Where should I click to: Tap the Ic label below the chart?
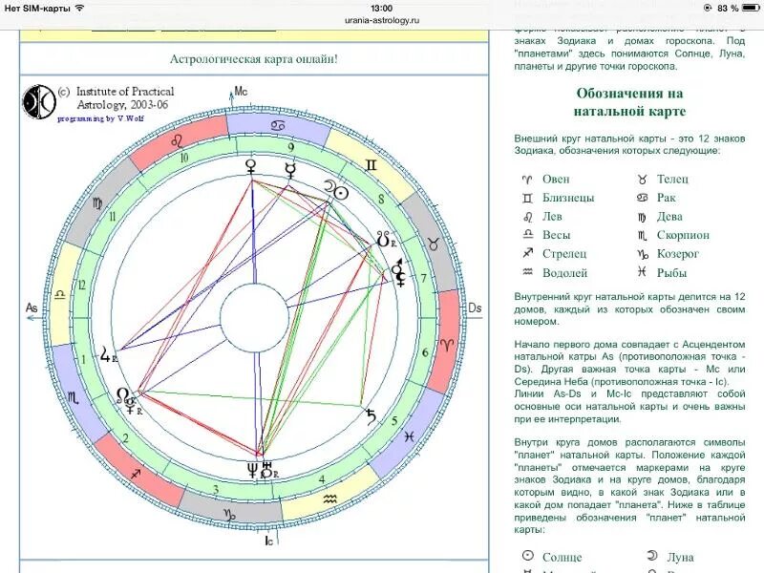click(x=270, y=540)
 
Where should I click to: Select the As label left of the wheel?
click(x=32, y=308)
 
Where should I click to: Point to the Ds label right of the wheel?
click(x=475, y=308)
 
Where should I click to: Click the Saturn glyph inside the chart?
click(x=371, y=414)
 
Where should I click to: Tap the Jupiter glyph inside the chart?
click(x=106, y=358)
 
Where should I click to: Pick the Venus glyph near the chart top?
click(x=252, y=167)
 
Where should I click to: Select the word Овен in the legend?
click(x=556, y=179)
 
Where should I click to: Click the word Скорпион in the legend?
click(x=683, y=235)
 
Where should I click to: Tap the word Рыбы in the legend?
click(x=671, y=273)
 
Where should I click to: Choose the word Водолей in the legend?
click(x=564, y=273)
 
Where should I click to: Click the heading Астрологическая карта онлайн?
click(x=253, y=59)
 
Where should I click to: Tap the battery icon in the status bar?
click(x=748, y=8)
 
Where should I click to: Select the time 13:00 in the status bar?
click(x=382, y=8)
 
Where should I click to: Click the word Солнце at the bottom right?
click(x=562, y=556)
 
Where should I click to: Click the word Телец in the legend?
click(x=672, y=179)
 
